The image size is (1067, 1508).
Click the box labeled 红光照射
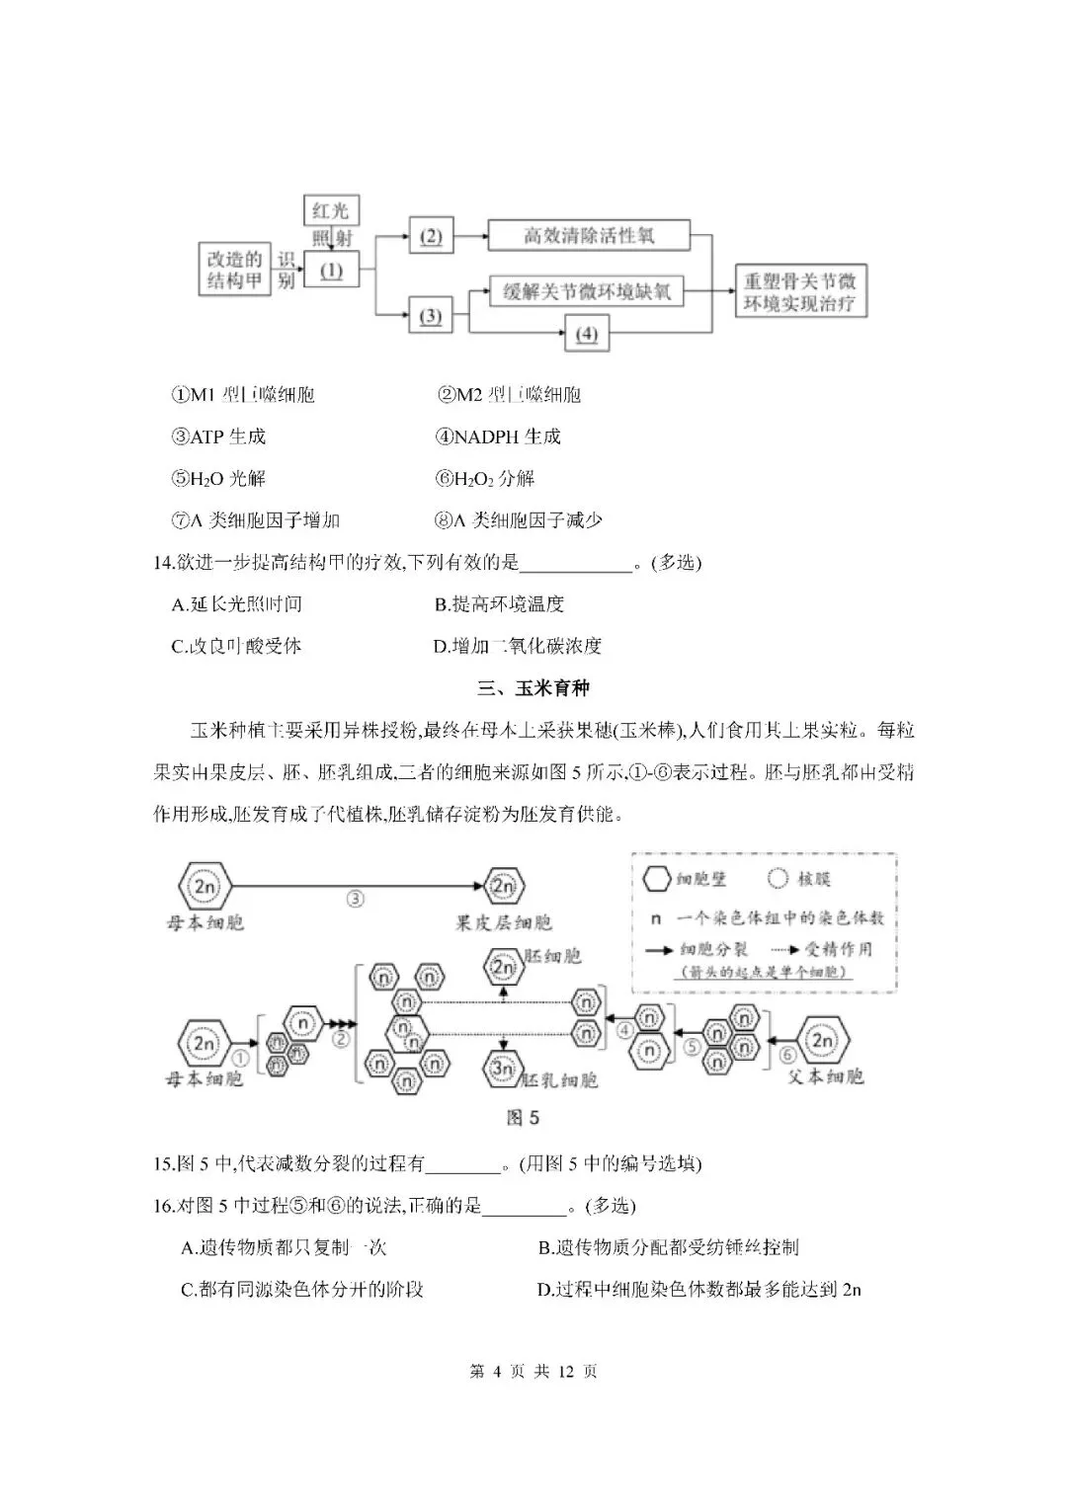pos(331,222)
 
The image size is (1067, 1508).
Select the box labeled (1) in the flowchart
pos(331,270)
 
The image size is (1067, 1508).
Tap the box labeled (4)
pos(587,334)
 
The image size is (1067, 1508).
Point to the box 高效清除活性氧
pos(589,236)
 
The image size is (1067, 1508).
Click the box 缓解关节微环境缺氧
pos(587,291)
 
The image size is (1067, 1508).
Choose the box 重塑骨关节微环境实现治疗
pos(800,292)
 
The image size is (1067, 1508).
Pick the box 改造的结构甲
pos(234,270)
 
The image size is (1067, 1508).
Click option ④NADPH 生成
pos(498,437)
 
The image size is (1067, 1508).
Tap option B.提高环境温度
pos(499,604)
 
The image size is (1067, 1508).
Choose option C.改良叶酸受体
pos(236,647)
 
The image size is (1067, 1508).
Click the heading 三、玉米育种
pos(533,688)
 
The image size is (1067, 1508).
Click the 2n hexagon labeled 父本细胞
pos(822,1041)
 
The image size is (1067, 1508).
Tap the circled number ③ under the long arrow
pos(357,900)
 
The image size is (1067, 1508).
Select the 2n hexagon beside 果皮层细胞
pos(504,886)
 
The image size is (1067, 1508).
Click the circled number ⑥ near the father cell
pos(787,1056)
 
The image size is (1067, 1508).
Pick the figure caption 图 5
pos(523,1118)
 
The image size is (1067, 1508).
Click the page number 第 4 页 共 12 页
pos(533,1372)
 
